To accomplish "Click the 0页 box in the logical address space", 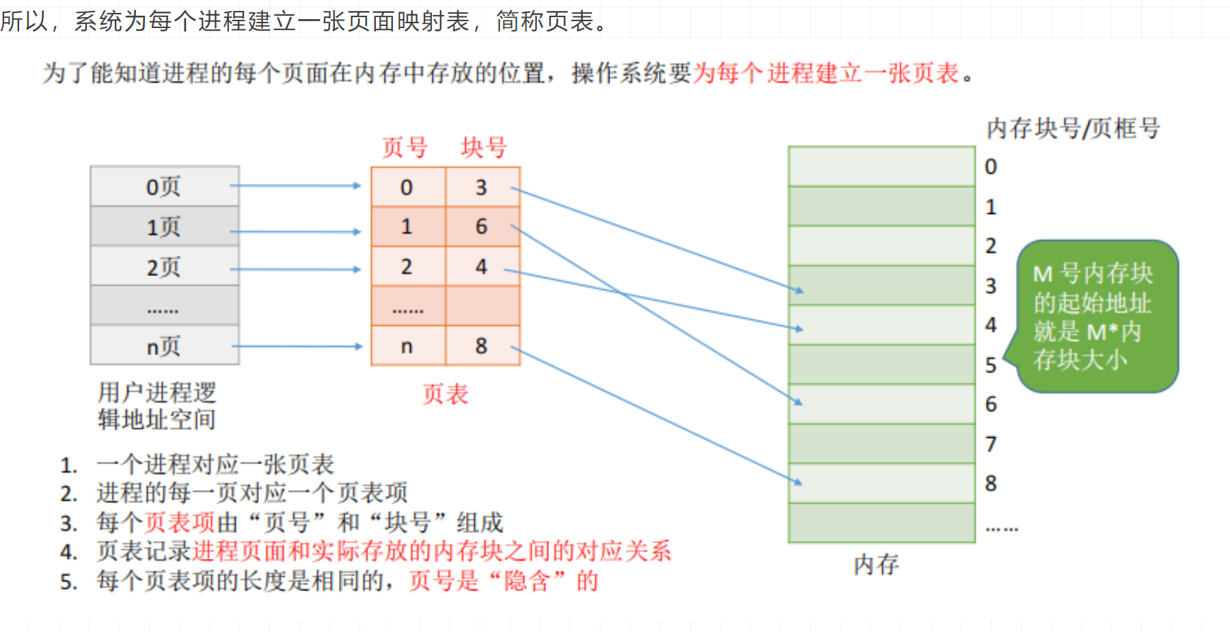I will pyautogui.click(x=164, y=186).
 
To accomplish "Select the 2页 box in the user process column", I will pyautogui.click(x=164, y=266).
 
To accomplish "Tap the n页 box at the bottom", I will pyautogui.click(x=164, y=346).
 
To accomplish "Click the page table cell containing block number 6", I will pyautogui.click(x=482, y=227).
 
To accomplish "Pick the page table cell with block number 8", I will pyautogui.click(x=482, y=346).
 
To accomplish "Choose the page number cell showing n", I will pyautogui.click(x=407, y=346).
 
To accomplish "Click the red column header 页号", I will pyautogui.click(x=405, y=148).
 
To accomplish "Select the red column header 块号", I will pyautogui.click(x=484, y=148).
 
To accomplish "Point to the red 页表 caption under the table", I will pyautogui.click(x=445, y=394).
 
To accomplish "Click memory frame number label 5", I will pyautogui.click(x=991, y=365).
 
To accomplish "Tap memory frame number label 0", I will pyautogui.click(x=991, y=167).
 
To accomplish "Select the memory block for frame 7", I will pyautogui.click(x=881, y=443).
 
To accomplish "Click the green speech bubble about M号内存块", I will pyautogui.click(x=1097, y=316).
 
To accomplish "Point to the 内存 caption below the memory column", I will pyautogui.click(x=876, y=565).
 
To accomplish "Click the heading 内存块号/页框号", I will pyautogui.click(x=1073, y=128).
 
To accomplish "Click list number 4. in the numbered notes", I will pyautogui.click(x=68, y=552).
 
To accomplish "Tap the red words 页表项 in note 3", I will pyautogui.click(x=180, y=523).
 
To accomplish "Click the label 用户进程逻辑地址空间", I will pyautogui.click(x=157, y=406).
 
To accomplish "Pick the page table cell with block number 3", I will pyautogui.click(x=482, y=187).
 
